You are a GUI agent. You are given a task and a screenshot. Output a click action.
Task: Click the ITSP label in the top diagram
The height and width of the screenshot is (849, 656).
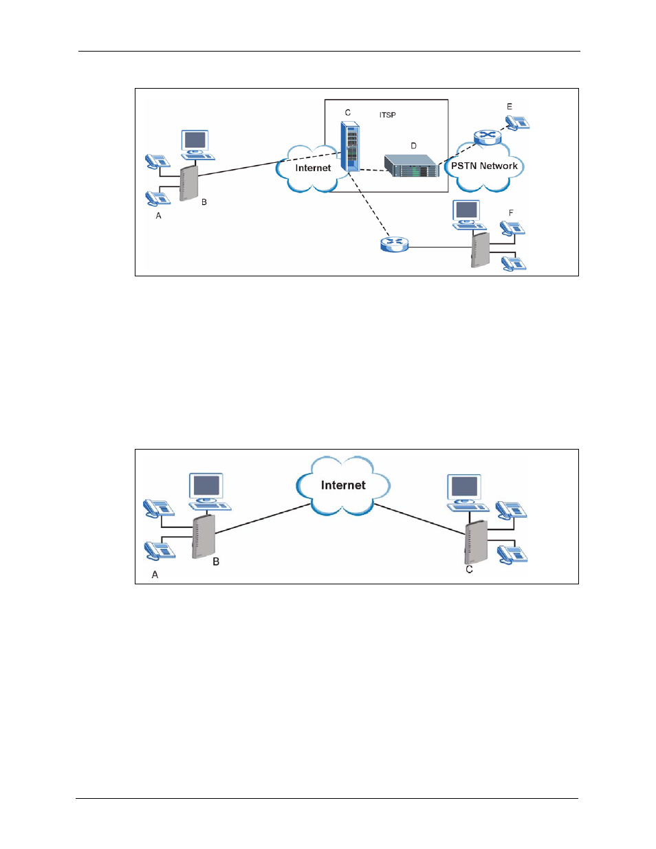tap(387, 115)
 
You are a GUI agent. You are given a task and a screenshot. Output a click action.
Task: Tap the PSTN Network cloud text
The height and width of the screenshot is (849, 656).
tap(484, 166)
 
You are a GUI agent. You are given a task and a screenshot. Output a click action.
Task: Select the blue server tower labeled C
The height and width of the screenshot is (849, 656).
tap(350, 146)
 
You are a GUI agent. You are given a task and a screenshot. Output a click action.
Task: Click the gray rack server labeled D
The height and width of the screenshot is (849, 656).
tap(411, 166)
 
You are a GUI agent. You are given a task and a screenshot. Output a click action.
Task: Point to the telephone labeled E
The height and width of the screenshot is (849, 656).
tap(517, 122)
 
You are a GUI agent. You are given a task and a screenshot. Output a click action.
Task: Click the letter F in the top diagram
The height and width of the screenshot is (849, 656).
tap(511, 213)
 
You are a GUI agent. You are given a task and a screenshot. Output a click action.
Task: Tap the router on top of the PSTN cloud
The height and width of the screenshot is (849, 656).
tap(488, 137)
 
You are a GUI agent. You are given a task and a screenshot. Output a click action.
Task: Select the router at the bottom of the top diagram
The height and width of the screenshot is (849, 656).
tap(394, 244)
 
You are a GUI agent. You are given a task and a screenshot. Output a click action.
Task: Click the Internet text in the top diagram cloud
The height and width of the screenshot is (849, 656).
tap(313, 168)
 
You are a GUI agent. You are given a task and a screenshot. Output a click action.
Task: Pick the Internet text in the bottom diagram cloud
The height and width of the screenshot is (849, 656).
tap(343, 485)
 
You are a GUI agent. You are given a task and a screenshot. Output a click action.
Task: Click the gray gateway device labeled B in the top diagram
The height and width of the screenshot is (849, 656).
tap(188, 184)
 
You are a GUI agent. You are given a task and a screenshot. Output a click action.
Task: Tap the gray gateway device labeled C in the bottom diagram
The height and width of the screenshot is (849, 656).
tap(477, 542)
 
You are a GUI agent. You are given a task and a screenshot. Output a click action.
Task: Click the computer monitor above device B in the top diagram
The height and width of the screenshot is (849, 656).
tap(195, 141)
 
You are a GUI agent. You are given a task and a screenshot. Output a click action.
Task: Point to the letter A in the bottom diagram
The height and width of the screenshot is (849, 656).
tap(155, 574)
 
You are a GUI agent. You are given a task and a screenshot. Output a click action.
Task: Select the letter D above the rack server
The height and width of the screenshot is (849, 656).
tap(413, 146)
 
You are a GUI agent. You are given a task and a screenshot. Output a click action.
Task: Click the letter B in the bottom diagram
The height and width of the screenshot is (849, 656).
tap(216, 562)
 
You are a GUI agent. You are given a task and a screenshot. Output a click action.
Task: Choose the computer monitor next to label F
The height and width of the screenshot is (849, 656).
tap(466, 210)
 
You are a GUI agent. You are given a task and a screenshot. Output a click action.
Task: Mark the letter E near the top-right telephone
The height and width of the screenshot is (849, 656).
tap(509, 107)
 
